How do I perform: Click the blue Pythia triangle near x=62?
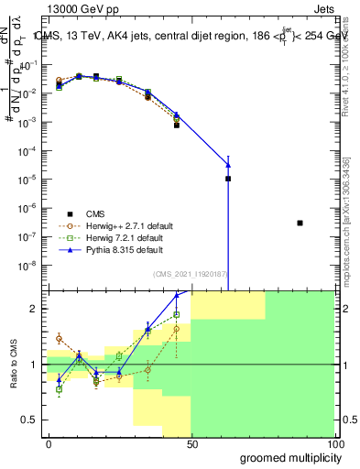click(228, 165)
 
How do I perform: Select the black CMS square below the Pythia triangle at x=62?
click(228, 179)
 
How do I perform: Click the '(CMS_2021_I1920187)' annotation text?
click(190, 273)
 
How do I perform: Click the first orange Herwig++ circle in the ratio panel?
click(59, 339)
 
